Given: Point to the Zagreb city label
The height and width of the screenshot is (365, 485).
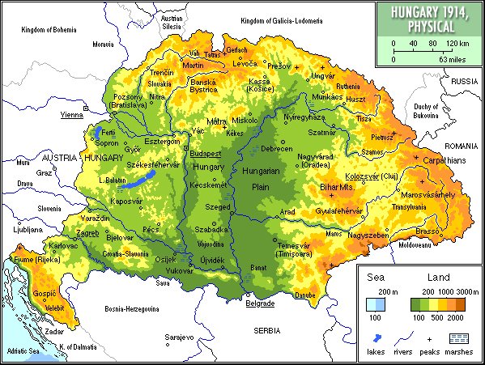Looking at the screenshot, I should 87,233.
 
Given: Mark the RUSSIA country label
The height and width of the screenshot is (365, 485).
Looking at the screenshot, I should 465,82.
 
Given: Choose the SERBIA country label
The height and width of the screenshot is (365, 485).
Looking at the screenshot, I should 265,332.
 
